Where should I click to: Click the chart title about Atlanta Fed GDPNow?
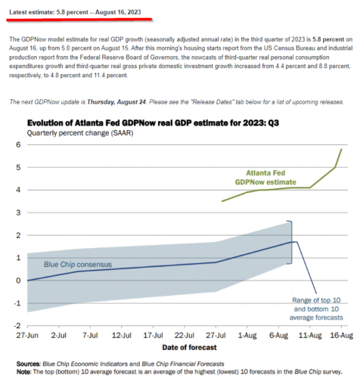pos(153,123)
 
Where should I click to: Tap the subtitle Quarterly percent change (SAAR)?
pos(80,133)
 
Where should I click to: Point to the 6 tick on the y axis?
pos(18,144)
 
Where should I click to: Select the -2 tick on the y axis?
pos(17,326)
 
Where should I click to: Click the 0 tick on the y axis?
pos(18,280)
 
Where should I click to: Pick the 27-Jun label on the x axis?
pos(27,336)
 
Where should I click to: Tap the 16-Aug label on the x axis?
pos(342,336)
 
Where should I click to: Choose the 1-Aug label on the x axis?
pos(247,336)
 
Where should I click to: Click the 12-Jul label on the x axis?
pos(122,336)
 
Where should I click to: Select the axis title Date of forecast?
pos(189,348)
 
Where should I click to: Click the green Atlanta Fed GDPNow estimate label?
pos(265,178)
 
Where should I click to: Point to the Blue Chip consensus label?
pos(78,265)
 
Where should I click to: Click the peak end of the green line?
pos(342,149)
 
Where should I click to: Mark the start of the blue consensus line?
pos(27,280)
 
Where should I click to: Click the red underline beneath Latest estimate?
pos(79,20)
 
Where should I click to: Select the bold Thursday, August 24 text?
pos(116,102)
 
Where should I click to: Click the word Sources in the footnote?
pos(28,364)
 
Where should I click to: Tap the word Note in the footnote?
pos(24,372)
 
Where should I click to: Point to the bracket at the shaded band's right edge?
pos(292,243)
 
